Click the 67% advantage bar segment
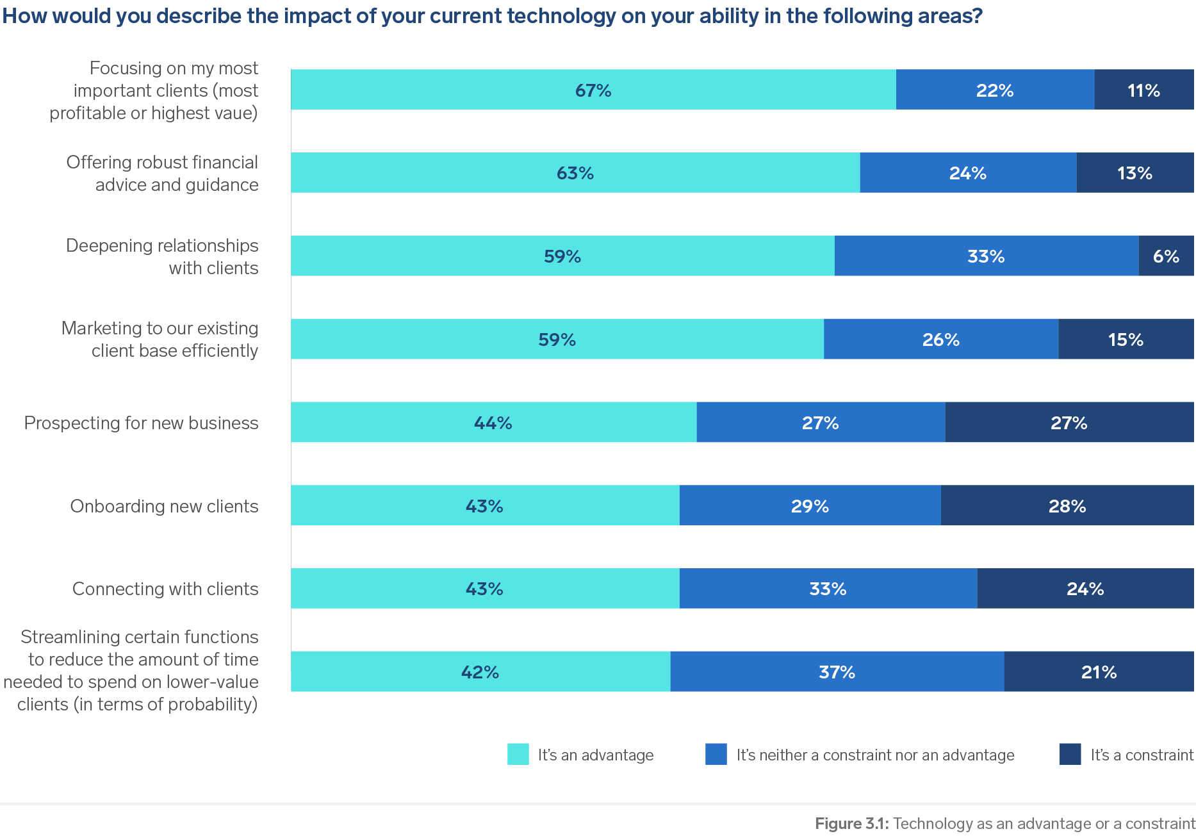point(593,90)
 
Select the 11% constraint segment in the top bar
point(1144,90)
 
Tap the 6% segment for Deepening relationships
point(1166,256)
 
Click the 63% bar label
point(575,173)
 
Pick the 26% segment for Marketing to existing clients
point(940,339)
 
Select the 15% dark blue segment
point(1126,339)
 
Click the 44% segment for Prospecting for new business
point(493,422)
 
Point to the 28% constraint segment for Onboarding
point(1067,505)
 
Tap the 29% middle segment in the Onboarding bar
point(810,505)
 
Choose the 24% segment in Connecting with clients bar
point(1085,588)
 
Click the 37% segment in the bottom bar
point(837,671)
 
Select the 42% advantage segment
point(480,671)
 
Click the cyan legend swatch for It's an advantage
point(518,754)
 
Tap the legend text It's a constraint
point(1142,755)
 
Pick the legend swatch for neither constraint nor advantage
point(716,754)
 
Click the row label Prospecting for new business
point(141,423)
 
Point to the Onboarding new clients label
point(164,506)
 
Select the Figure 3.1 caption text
point(1004,823)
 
